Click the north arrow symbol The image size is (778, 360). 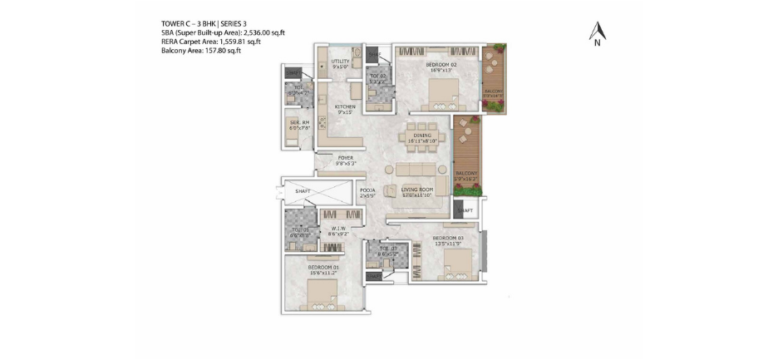pyautogui.click(x=598, y=32)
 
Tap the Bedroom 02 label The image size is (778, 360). pyautogui.click(x=440, y=64)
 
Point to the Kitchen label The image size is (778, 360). pyautogui.click(x=345, y=106)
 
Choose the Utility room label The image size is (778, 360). pyautogui.click(x=340, y=61)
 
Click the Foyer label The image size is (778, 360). pyautogui.click(x=345, y=157)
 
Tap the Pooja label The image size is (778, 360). pyautogui.click(x=367, y=190)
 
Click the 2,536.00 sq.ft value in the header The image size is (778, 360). pyautogui.click(x=262, y=33)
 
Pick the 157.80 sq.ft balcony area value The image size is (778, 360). pyautogui.click(x=219, y=50)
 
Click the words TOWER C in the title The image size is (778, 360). pyautogui.click(x=182, y=24)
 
